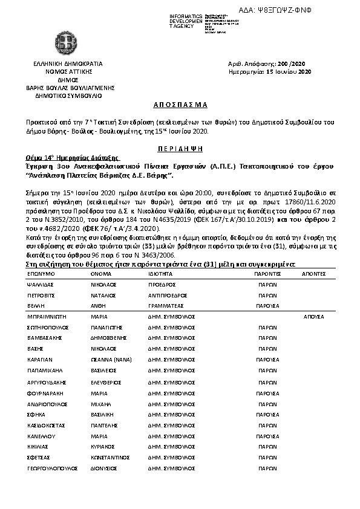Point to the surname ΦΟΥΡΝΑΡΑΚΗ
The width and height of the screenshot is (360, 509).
pyautogui.click(x=45, y=394)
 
